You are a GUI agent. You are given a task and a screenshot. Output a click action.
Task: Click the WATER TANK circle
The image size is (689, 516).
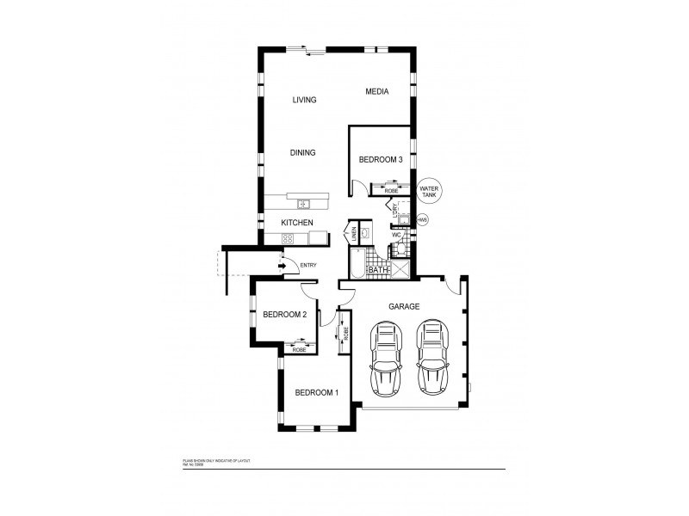(x=429, y=193)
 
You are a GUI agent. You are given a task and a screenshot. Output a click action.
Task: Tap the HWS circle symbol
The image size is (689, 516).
(x=422, y=220)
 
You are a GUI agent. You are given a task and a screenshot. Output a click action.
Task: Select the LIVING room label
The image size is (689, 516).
(x=304, y=100)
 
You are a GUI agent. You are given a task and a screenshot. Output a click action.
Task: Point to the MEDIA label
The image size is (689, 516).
(x=376, y=91)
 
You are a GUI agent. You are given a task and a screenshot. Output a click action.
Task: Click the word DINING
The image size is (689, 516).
(x=302, y=153)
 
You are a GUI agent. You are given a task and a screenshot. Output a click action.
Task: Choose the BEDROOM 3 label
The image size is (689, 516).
(x=381, y=159)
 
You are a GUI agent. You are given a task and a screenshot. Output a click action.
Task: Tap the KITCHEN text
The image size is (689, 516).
(x=297, y=224)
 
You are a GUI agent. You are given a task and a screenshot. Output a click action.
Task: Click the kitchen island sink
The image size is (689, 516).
(x=303, y=204)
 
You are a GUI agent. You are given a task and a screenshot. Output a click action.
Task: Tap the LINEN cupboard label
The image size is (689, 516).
(x=352, y=233)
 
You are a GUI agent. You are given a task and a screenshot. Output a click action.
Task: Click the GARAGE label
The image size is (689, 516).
(x=403, y=306)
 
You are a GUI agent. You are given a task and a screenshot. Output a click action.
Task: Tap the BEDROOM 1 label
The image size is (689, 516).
(x=316, y=393)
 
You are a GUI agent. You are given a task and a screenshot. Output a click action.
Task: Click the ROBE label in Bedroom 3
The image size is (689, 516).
(x=380, y=191)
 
